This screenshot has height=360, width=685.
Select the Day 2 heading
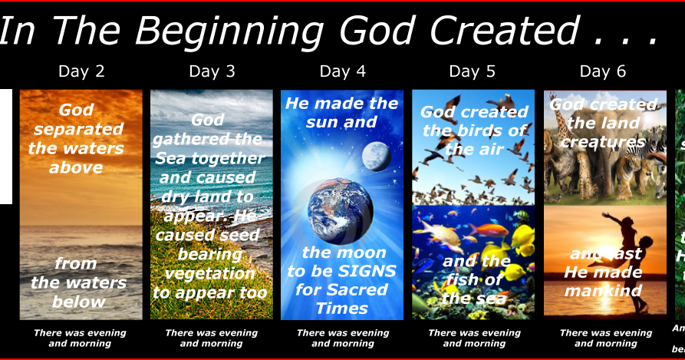click(x=81, y=71)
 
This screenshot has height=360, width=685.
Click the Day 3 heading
click(x=212, y=71)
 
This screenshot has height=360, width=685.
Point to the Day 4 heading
click(x=342, y=71)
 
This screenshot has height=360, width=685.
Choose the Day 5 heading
click(x=473, y=71)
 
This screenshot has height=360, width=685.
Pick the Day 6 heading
click(x=603, y=71)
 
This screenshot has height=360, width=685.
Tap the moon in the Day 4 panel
click(x=377, y=156)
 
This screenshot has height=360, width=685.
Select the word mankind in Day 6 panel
click(x=602, y=291)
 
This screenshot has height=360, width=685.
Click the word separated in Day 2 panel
click(x=78, y=129)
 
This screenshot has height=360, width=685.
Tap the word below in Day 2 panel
click(x=78, y=301)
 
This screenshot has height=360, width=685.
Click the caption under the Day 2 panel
click(x=80, y=338)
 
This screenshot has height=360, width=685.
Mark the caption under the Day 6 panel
click(x=606, y=338)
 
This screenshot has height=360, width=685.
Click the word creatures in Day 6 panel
click(x=603, y=142)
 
